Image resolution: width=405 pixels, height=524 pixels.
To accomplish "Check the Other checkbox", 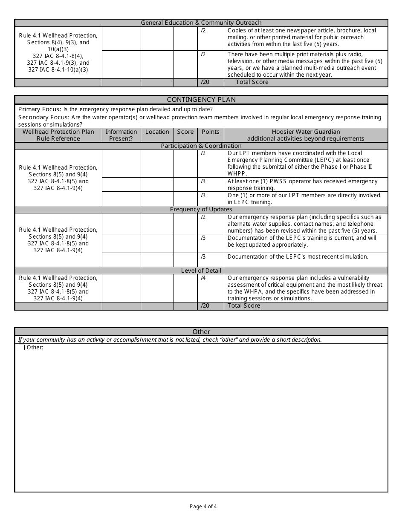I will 22,348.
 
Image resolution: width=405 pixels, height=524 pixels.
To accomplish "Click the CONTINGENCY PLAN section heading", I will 201,100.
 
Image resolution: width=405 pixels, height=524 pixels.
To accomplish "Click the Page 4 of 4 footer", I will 203,507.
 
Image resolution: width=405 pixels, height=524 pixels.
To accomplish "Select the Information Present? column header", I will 121,135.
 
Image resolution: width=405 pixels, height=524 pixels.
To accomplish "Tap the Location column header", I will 157,132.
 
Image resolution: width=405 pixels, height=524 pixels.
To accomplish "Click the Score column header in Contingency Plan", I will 185,132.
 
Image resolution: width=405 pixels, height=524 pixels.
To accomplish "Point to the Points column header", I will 210,132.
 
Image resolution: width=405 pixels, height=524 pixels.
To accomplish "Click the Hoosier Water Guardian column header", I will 306,135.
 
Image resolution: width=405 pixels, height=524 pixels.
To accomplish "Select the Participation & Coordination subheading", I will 201,146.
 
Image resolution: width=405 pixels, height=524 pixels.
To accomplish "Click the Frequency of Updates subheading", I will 201,210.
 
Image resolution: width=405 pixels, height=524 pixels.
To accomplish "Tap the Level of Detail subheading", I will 201,271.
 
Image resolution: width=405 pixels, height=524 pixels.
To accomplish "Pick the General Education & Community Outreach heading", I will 201,23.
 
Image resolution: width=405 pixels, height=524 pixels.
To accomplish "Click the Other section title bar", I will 201,332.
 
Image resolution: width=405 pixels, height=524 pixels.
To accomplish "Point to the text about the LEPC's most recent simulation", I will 298,257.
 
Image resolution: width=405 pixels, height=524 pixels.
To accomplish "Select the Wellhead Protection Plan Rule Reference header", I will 58,135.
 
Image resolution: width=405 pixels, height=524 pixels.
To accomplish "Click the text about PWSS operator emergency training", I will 302,184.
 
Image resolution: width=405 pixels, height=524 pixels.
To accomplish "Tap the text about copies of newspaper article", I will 301,37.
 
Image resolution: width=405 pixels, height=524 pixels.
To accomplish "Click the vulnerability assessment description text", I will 305,288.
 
